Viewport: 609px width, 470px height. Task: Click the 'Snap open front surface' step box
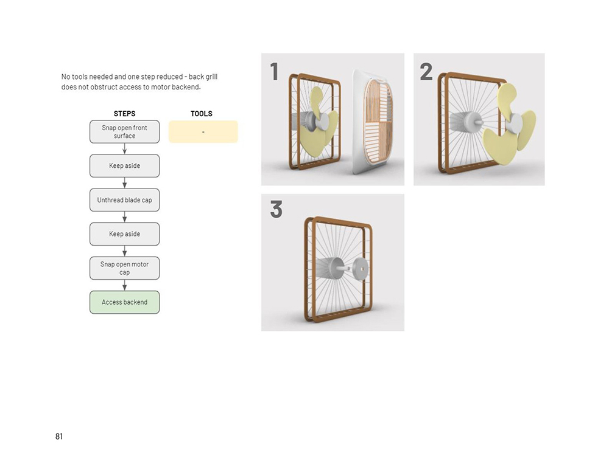(x=124, y=131)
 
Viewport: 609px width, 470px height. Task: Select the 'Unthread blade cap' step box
(x=124, y=200)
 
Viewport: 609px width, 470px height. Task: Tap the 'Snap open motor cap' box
(x=124, y=268)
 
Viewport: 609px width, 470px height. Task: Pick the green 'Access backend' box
(x=124, y=302)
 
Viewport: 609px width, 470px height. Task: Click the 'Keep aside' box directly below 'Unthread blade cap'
(x=124, y=234)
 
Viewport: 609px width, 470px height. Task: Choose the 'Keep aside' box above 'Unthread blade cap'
(x=124, y=165)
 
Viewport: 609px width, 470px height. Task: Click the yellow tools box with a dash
(x=203, y=132)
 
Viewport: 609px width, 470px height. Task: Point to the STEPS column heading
(x=124, y=114)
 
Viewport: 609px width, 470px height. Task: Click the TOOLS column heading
(x=201, y=114)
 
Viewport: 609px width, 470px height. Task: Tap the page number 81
(x=59, y=437)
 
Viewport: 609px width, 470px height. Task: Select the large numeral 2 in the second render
(x=426, y=72)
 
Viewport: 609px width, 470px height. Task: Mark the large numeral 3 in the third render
(x=276, y=209)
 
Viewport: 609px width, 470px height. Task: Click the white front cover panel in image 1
(x=373, y=122)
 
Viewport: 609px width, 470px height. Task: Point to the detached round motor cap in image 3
(x=361, y=268)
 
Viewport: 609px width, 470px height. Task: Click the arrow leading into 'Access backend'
(x=124, y=285)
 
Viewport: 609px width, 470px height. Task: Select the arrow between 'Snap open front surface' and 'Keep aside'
(x=124, y=148)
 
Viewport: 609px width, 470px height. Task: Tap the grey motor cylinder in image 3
(x=329, y=267)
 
